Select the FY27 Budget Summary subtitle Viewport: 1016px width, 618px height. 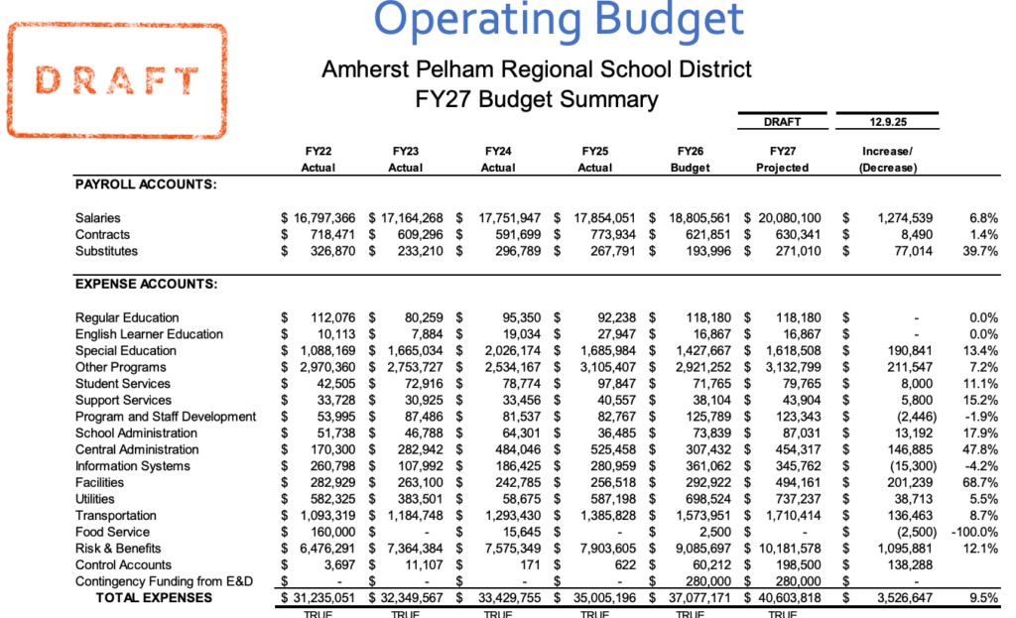537,99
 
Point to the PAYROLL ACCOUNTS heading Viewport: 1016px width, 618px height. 146,185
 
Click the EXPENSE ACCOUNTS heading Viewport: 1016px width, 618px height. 146,285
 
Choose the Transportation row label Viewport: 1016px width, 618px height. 115,515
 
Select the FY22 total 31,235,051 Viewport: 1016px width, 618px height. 317,597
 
